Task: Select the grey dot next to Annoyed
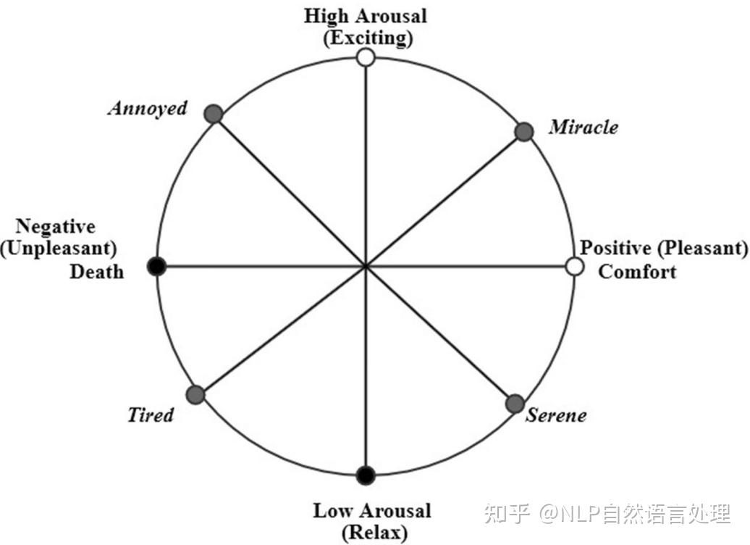(x=213, y=114)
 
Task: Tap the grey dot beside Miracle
(x=524, y=131)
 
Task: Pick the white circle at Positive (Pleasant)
(x=575, y=267)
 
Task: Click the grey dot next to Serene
(x=515, y=403)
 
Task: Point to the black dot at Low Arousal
(x=366, y=475)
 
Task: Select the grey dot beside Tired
(x=195, y=394)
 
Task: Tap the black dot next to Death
(x=156, y=267)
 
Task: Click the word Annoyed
(x=147, y=109)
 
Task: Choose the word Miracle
(x=583, y=128)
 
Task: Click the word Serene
(x=556, y=416)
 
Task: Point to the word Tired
(x=151, y=415)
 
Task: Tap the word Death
(x=96, y=272)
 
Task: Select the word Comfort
(x=637, y=272)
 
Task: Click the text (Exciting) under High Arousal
(x=368, y=38)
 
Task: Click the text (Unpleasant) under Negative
(x=59, y=249)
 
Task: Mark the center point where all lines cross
(x=366, y=267)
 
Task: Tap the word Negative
(x=56, y=226)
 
